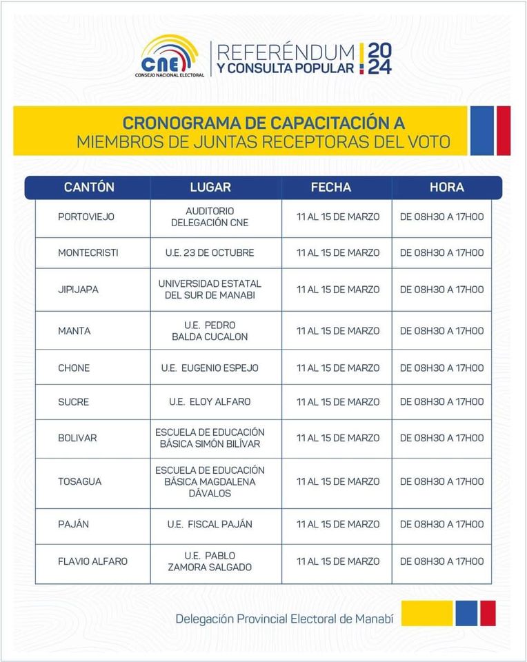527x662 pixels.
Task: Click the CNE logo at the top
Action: click(172, 54)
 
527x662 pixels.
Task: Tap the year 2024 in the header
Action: click(379, 58)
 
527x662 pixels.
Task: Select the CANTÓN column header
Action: click(89, 188)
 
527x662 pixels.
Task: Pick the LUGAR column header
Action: click(210, 188)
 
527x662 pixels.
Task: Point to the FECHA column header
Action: click(331, 188)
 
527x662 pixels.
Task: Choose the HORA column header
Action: click(447, 188)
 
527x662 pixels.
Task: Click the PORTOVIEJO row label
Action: click(86, 217)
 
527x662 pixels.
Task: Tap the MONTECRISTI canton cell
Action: click(88, 253)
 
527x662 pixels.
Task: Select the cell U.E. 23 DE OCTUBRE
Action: click(210, 253)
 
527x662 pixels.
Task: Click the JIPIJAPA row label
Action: click(78, 290)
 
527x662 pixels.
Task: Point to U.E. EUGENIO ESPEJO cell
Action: click(210, 368)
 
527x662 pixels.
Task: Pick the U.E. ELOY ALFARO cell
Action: click(210, 402)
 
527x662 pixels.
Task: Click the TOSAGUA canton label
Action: click(79, 481)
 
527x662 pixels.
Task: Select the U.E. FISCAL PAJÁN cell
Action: click(210, 524)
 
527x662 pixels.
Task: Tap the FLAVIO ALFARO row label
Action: click(92, 561)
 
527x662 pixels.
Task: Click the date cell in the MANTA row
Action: click(338, 331)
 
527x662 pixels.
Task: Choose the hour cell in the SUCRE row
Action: click(442, 402)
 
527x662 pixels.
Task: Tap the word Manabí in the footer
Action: click(374, 619)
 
